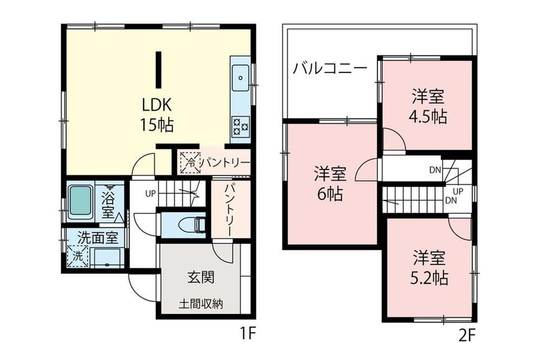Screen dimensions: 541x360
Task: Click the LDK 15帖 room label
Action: pyautogui.click(x=157, y=115)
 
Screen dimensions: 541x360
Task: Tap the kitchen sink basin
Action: pyautogui.click(x=240, y=78)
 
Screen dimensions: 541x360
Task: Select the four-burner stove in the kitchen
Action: pyautogui.click(x=241, y=126)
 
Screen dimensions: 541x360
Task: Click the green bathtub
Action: pyautogui.click(x=81, y=202)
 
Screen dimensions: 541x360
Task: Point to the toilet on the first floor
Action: pyautogui.click(x=192, y=224)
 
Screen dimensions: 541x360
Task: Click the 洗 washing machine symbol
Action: pyautogui.click(x=78, y=256)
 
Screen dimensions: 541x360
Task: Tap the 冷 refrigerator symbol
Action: pyautogui.click(x=190, y=162)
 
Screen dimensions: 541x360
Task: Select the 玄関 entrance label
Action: pyautogui.click(x=201, y=277)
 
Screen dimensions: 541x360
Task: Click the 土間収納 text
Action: pyautogui.click(x=201, y=304)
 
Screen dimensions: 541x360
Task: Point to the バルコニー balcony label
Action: pyautogui.click(x=330, y=69)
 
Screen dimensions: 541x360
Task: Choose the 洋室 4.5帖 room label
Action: pyautogui.click(x=428, y=106)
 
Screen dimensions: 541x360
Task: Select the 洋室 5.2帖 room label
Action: pyautogui.click(x=429, y=268)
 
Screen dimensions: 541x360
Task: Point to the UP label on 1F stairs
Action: pyautogui.click(x=150, y=194)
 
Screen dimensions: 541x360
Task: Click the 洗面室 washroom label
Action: pyautogui.click(x=98, y=238)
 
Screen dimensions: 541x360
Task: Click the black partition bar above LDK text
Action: pyautogui.click(x=159, y=70)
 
